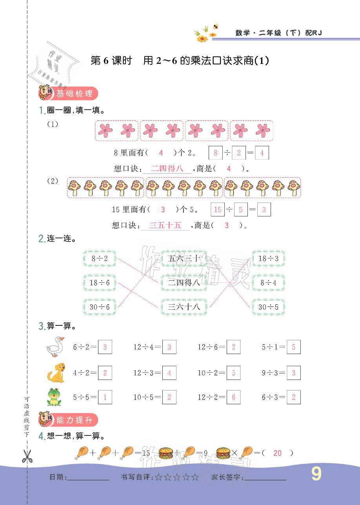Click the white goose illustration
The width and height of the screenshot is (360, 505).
pos(55,347)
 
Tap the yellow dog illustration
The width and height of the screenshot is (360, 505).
pos(55,372)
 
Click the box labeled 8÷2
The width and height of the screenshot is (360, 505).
pos(100,258)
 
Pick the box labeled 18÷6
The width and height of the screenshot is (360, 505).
pos(100,283)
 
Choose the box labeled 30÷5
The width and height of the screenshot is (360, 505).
pos(269,307)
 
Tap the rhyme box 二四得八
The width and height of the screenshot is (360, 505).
pos(184,282)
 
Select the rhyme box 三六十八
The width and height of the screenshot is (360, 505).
pos(184,307)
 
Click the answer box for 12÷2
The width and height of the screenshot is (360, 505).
pos(233,397)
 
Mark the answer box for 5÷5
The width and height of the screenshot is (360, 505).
pos(105,397)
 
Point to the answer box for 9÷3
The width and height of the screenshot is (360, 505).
pos(294,373)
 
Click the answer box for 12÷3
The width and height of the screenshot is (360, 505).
pos(169,373)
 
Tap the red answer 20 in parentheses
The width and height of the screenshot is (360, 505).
pos(278,453)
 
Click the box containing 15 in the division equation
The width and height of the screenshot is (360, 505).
pos(218,210)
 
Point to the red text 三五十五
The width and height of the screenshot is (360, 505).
pos(166,225)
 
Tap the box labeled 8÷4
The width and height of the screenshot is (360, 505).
pos(269,283)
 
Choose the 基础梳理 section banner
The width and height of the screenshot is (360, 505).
pos(68,94)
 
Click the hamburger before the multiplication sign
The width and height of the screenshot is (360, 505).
pos(223,453)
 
